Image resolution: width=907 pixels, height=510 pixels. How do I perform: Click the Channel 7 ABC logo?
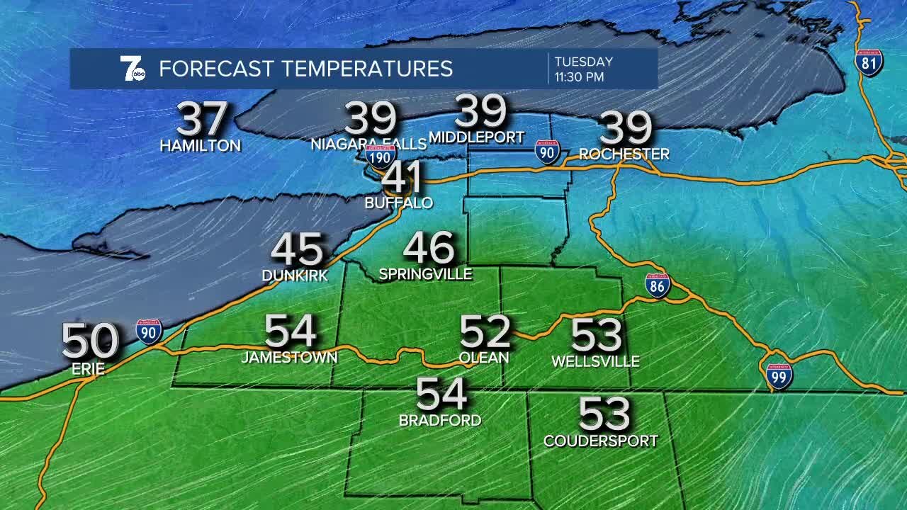[133, 69]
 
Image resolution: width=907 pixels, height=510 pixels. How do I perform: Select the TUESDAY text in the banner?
[583, 62]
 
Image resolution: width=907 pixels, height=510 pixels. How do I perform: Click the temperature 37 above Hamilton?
[202, 120]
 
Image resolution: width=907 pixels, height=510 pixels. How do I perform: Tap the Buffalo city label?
[398, 203]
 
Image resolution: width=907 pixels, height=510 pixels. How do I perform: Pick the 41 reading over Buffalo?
[402, 178]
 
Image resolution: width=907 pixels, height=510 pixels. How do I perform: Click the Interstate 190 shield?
[381, 155]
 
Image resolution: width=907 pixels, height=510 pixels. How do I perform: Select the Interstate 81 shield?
[869, 63]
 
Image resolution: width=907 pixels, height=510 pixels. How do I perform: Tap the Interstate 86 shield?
[658, 285]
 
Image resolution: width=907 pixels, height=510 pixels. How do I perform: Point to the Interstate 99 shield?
[779, 375]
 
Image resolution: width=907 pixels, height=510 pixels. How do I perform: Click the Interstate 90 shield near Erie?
[149, 331]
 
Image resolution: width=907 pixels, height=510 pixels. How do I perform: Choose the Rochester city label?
[624, 154]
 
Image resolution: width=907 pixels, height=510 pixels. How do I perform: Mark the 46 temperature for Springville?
[429, 249]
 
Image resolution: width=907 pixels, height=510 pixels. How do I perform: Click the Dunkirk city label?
[295, 276]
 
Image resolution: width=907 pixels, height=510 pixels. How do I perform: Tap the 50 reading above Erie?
[90, 341]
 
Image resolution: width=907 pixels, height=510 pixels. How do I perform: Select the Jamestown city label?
[289, 358]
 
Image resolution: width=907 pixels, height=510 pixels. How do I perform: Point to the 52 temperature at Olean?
[485, 331]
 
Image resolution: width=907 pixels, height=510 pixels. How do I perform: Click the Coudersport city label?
[600, 441]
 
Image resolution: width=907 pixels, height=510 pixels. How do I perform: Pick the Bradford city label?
[440, 420]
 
